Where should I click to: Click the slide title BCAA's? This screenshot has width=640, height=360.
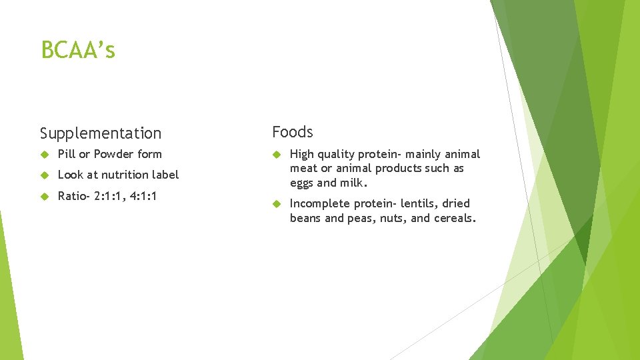click(x=78, y=50)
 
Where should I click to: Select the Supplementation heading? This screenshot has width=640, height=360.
click(x=101, y=133)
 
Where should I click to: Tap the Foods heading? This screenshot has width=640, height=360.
click(x=292, y=132)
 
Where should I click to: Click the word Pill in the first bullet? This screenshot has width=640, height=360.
click(x=67, y=154)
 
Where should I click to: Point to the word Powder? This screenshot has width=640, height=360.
click(x=114, y=154)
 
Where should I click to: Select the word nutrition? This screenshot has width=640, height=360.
click(x=126, y=175)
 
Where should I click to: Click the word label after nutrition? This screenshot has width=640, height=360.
click(x=166, y=175)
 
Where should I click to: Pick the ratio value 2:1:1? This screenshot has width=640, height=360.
click(x=108, y=196)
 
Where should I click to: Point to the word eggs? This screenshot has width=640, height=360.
click(x=302, y=183)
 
